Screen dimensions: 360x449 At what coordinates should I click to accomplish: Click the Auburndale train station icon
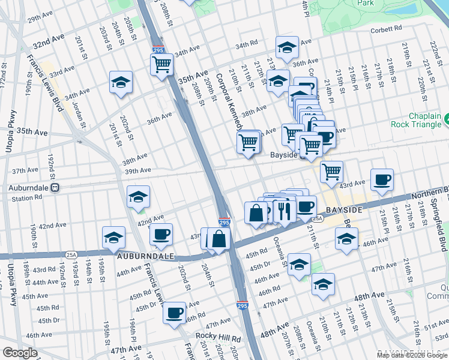pyautogui.click(x=55, y=187)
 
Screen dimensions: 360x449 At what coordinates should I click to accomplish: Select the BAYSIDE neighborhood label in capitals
pyautogui.click(x=344, y=211)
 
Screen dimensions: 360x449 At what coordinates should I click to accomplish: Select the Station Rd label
pyautogui.click(x=26, y=198)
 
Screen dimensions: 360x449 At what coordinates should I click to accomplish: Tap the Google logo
pyautogui.click(x=20, y=353)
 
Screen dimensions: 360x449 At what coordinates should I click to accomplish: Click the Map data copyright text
pyautogui.click(x=412, y=355)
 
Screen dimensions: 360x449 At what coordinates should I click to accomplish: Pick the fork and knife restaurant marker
pyautogui.click(x=282, y=210)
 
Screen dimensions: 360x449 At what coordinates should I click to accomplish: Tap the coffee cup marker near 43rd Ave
pyautogui.click(x=382, y=179)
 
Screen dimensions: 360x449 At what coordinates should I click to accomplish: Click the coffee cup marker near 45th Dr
pyautogui.click(x=175, y=312)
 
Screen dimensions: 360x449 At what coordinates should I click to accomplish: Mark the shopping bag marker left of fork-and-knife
pyautogui.click(x=256, y=213)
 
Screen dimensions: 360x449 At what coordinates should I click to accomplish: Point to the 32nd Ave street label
pyautogui.click(x=49, y=44)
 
